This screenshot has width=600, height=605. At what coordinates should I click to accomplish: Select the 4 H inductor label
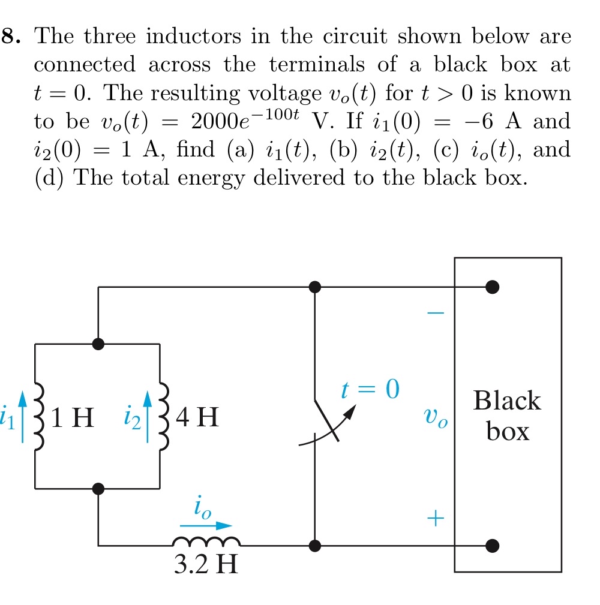pyautogui.click(x=198, y=417)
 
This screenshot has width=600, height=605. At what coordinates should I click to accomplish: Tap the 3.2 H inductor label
pyautogui.click(x=205, y=564)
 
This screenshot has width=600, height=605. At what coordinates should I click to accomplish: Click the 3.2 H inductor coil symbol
pyautogui.click(x=206, y=542)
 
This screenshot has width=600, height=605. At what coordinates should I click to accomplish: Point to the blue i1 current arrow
pyautogui.click(x=22, y=417)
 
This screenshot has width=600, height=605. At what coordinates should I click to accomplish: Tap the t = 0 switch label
pyautogui.click(x=370, y=390)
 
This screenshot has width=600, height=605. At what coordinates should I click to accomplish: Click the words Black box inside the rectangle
pyautogui.click(x=507, y=416)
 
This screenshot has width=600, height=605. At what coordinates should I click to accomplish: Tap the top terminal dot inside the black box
pyautogui.click(x=492, y=287)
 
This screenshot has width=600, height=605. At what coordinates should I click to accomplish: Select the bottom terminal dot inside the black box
pyautogui.click(x=492, y=546)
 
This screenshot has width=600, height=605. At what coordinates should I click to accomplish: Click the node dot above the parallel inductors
pyautogui.click(x=98, y=344)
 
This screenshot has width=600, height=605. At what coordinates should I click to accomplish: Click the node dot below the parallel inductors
pyautogui.click(x=98, y=489)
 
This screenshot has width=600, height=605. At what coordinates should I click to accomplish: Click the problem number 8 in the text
pyautogui.click(x=10, y=37)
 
